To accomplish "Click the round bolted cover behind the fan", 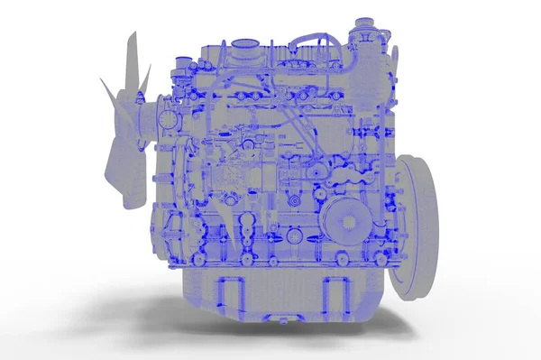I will [x=170, y=118].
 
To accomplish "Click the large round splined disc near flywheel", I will [x=344, y=217].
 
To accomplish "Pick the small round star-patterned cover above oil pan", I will [x=294, y=236].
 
